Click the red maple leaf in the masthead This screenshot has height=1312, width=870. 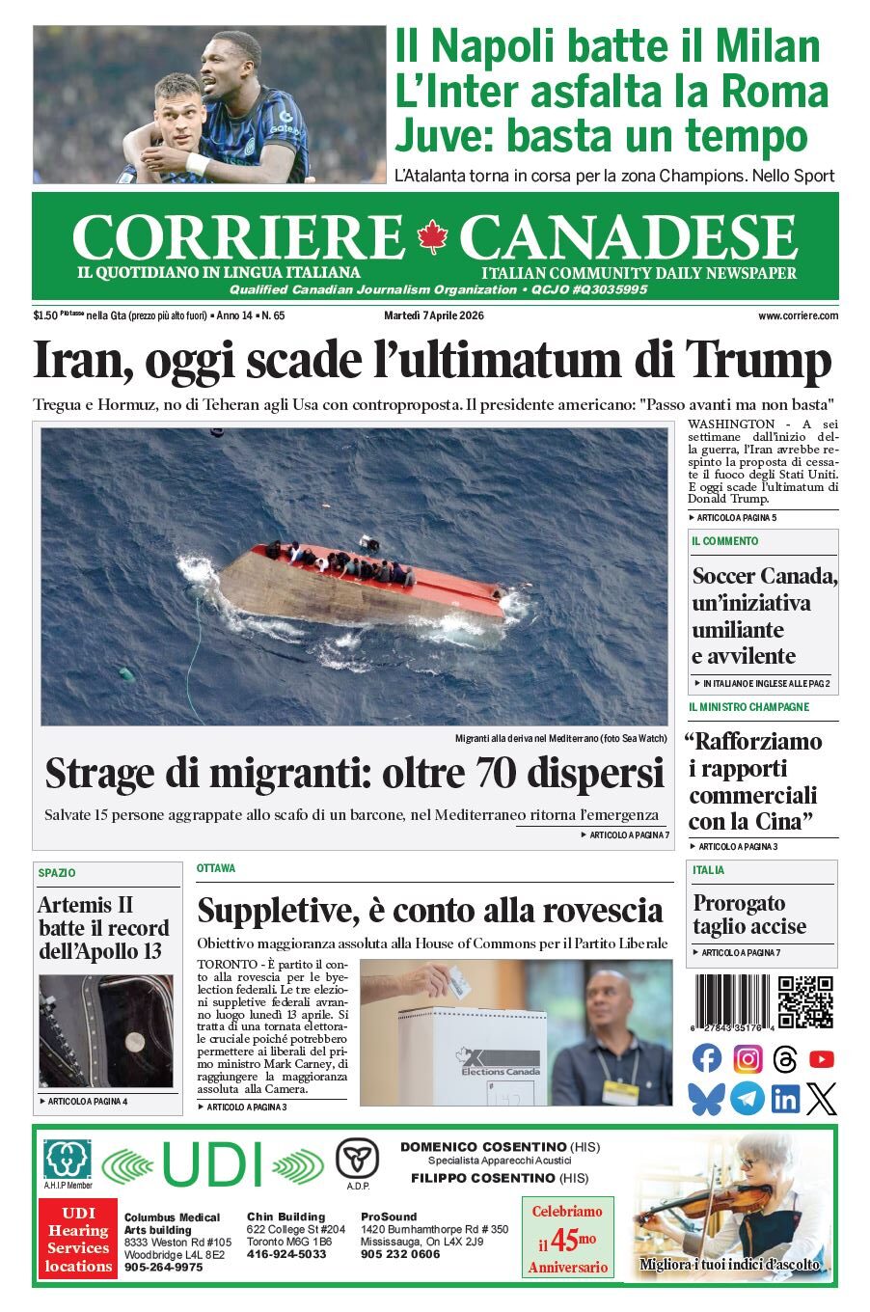(433, 236)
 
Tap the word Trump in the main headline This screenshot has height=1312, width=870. (758, 361)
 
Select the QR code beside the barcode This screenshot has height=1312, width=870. (805, 1002)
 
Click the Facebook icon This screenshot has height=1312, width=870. (707, 1058)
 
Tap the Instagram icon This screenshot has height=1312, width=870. (748, 1058)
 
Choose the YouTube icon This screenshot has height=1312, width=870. (821, 1058)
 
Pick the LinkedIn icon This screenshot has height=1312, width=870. (784, 1099)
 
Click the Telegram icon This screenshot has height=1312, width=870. (747, 1099)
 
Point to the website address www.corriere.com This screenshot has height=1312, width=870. (798, 315)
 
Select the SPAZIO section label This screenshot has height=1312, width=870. (57, 873)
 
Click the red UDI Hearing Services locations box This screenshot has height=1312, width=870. (78, 1240)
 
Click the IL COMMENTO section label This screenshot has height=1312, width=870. (724, 541)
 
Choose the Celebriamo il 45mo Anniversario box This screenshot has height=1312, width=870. (567, 1239)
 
